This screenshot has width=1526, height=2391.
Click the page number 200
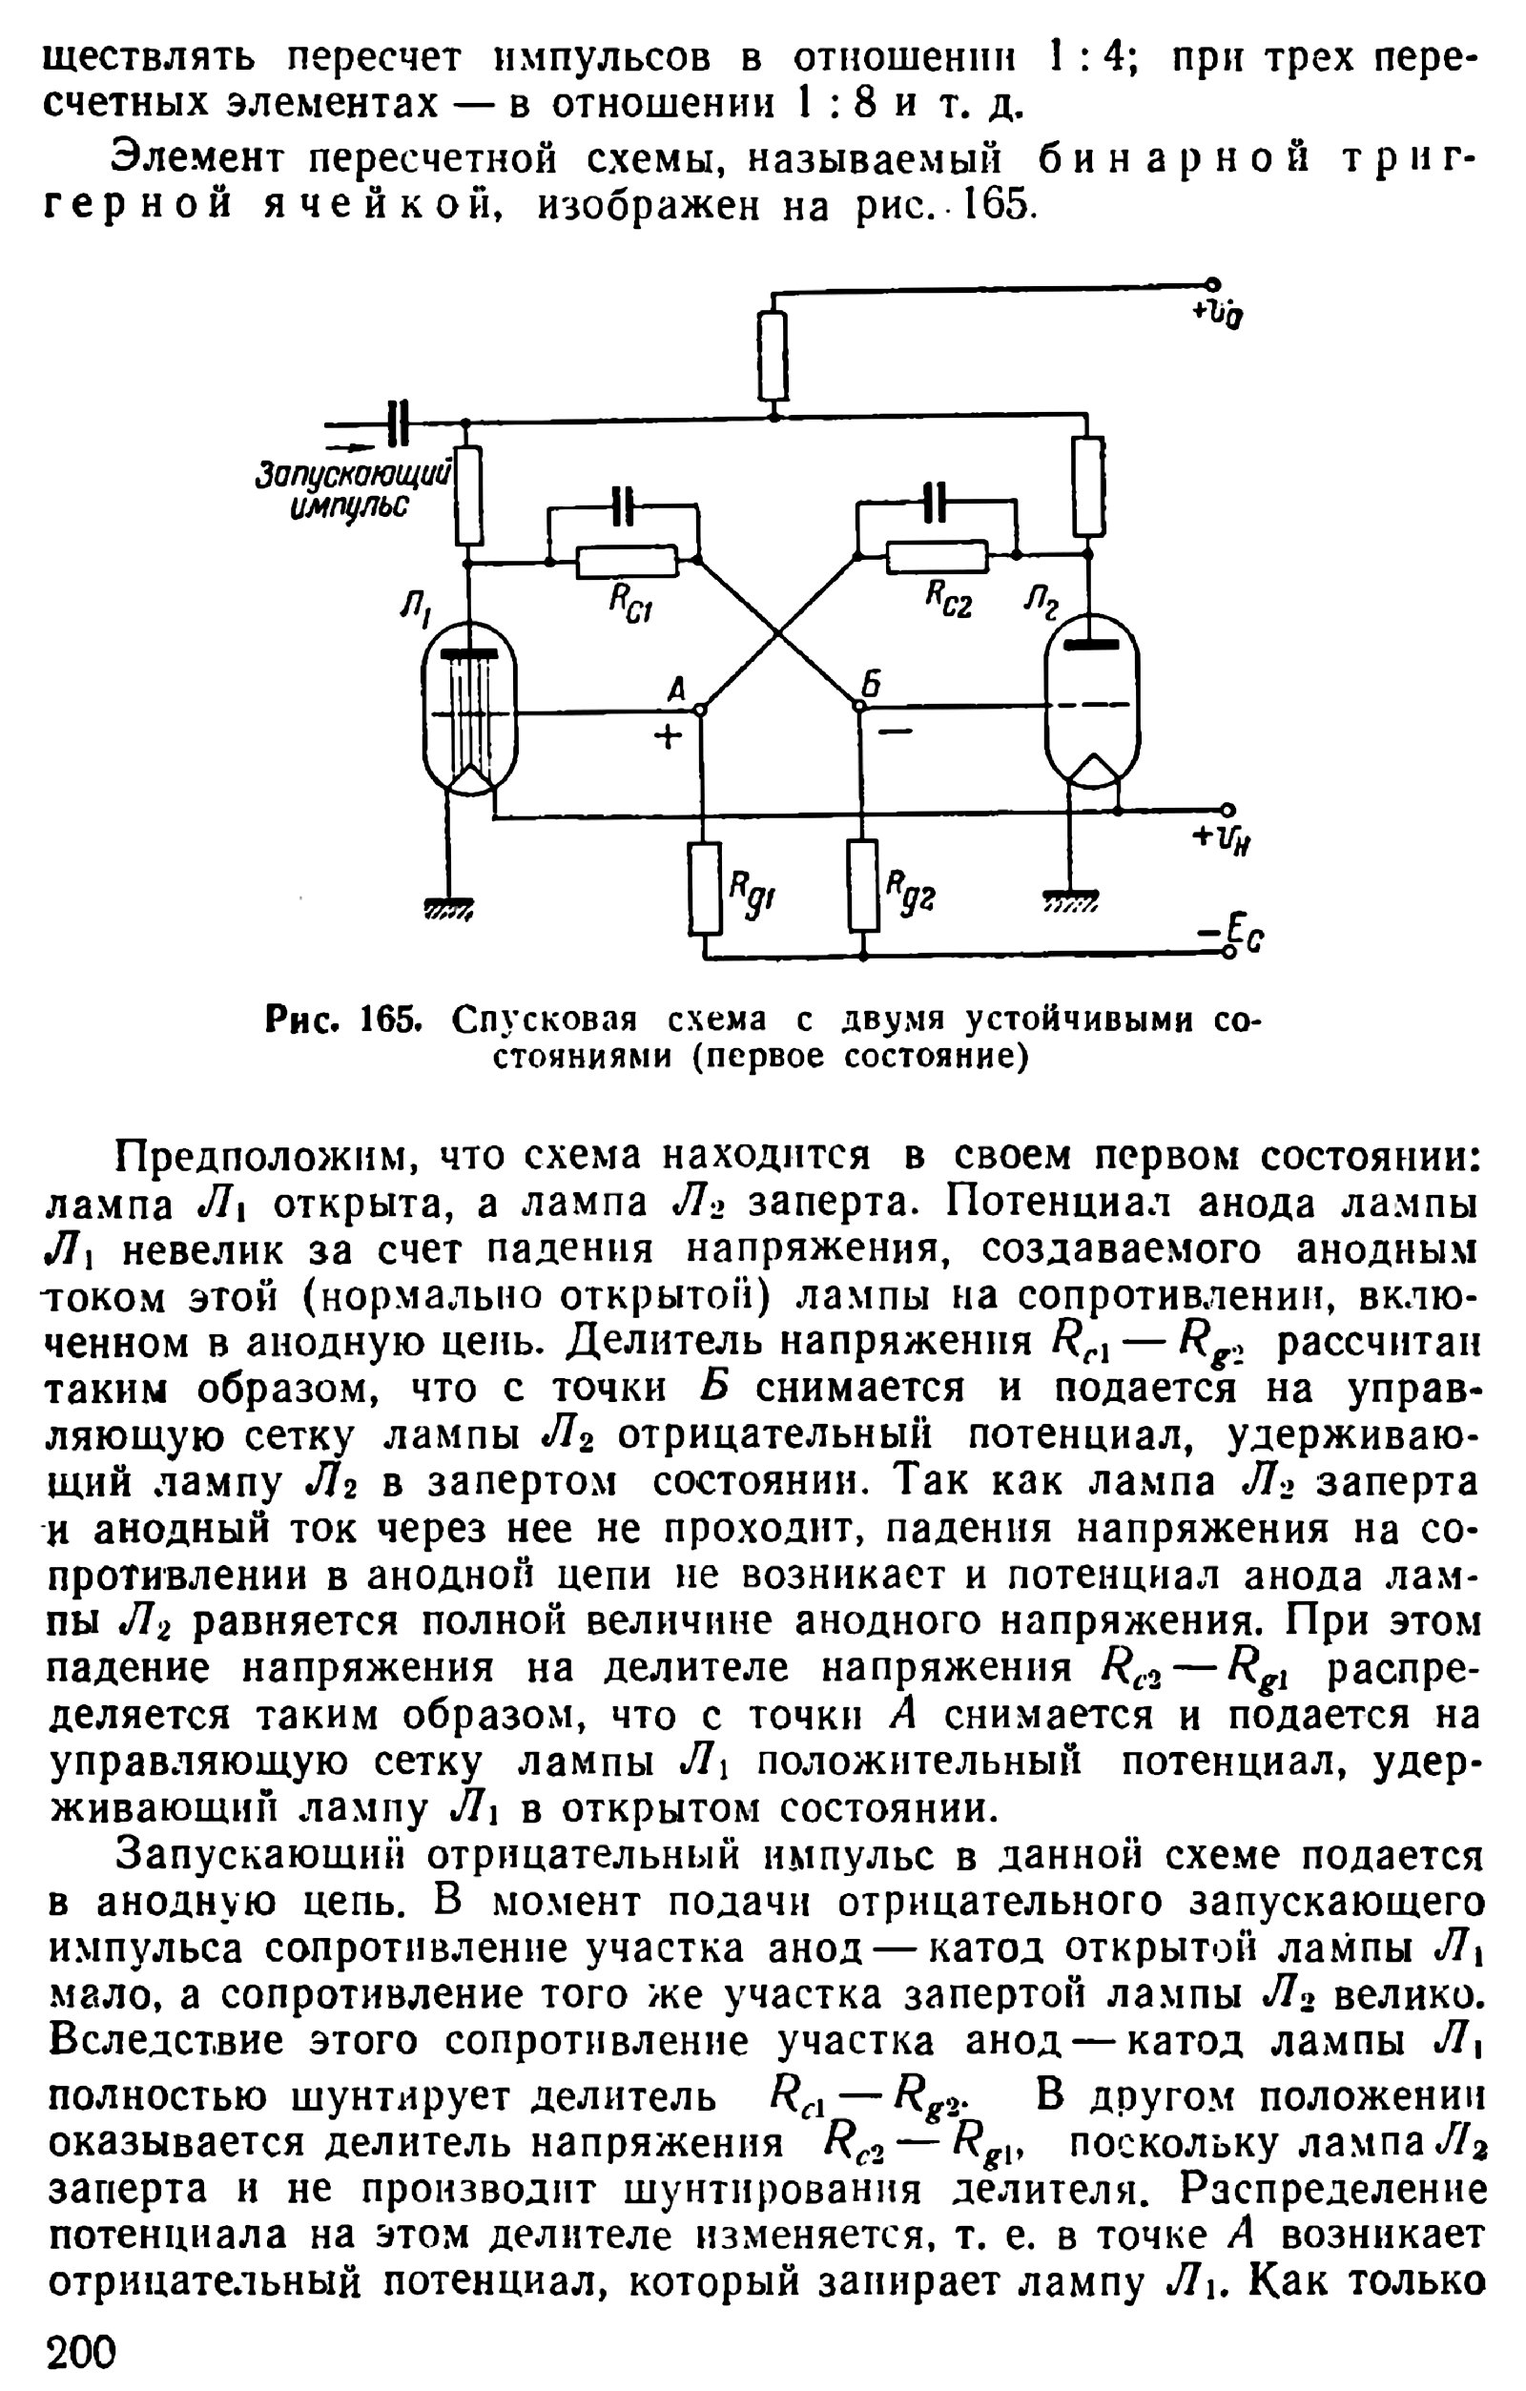point(81,2351)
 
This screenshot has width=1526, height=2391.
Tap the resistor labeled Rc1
point(628,562)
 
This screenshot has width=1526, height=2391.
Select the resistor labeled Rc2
point(938,558)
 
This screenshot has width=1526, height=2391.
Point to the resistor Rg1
point(705,887)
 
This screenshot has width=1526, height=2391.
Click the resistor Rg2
point(864,885)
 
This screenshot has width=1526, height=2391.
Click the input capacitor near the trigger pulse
point(399,424)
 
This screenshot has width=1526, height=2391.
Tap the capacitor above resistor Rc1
point(623,506)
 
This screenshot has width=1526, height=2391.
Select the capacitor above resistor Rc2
point(936,503)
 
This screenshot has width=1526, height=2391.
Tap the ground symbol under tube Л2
point(1070,900)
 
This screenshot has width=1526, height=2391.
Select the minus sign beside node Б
point(895,732)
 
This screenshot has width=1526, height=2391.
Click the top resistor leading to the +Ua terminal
point(773,356)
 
